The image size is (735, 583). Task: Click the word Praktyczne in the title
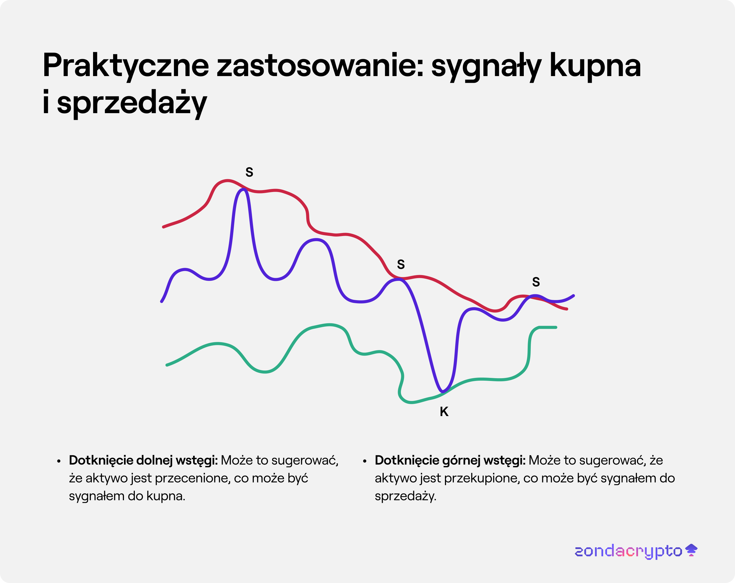(125, 66)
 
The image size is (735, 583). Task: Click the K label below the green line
(444, 412)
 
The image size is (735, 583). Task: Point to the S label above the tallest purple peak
(249, 172)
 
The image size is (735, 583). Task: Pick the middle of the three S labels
(401, 264)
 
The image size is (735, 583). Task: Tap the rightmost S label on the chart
(536, 282)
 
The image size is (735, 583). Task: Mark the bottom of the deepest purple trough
(442, 391)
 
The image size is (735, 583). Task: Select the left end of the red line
(164, 227)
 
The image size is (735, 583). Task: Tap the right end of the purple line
(573, 296)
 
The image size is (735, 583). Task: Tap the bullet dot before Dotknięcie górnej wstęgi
(364, 461)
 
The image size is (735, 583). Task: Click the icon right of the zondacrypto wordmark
(691, 550)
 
